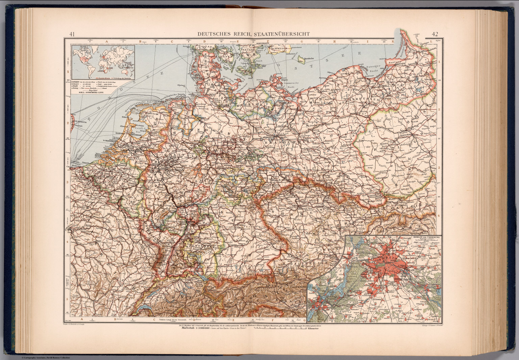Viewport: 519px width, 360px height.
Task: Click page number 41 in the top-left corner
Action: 72,34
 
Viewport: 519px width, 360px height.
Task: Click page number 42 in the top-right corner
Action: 435,34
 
